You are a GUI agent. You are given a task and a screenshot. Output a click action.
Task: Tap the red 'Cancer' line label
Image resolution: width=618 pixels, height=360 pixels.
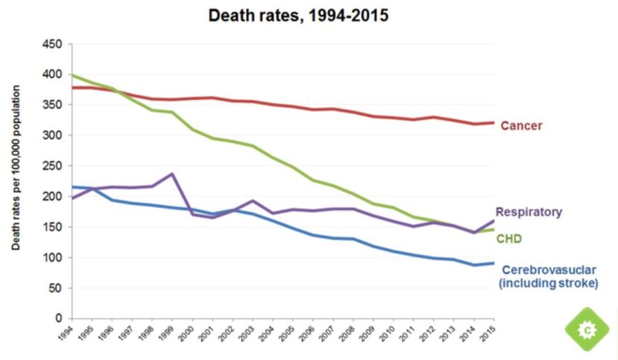pos(521,126)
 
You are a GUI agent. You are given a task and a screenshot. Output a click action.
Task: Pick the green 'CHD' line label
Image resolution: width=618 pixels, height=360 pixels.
pos(510,239)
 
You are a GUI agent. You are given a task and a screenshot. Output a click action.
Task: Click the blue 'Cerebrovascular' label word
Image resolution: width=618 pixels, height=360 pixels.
pos(549,269)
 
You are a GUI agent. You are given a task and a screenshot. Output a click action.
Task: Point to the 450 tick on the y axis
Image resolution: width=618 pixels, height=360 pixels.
pos(53,44)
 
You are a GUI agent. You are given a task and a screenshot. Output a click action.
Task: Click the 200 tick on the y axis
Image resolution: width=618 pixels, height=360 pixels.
pos(53,197)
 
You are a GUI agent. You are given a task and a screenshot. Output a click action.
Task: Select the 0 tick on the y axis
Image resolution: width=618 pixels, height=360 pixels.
pos(58,319)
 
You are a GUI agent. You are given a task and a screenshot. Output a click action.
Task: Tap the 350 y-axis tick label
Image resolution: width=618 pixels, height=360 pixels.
pos(53,105)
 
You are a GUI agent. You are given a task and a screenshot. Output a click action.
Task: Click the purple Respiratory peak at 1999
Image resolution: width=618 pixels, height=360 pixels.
pos(172,174)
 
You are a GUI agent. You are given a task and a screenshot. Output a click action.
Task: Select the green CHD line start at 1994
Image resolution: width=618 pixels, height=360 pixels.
pos(71,75)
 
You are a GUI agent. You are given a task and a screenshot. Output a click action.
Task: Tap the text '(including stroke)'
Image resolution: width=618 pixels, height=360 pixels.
pos(548,283)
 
